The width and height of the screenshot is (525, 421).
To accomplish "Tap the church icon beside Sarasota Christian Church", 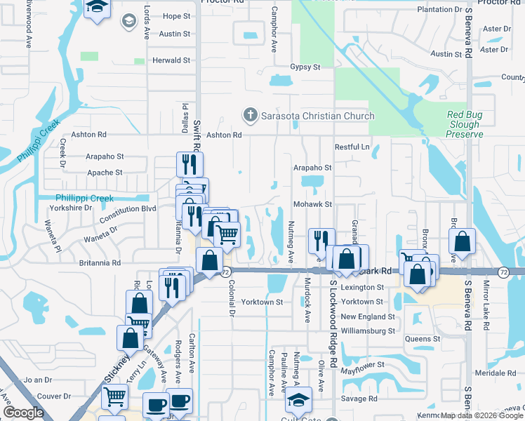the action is point(249,115).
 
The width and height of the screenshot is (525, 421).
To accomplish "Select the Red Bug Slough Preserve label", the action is point(465,124).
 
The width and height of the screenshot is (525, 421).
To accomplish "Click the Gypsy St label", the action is point(305,67).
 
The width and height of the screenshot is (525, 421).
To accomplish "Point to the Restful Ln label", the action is point(352,147).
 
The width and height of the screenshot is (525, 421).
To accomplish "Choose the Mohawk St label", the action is point(312,204).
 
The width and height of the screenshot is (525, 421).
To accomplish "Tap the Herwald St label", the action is point(172,61).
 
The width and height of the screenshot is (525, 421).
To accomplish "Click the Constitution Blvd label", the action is point(129,208).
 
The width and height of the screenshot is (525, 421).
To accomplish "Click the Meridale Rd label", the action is point(495,373).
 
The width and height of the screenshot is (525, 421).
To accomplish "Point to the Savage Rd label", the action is point(359,399).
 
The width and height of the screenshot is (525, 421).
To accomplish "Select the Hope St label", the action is point(176,15).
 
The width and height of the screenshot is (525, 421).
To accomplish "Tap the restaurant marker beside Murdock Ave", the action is point(319,241).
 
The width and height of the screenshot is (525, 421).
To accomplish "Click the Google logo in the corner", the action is point(23,413).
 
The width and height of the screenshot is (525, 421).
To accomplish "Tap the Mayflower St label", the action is point(363,365).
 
